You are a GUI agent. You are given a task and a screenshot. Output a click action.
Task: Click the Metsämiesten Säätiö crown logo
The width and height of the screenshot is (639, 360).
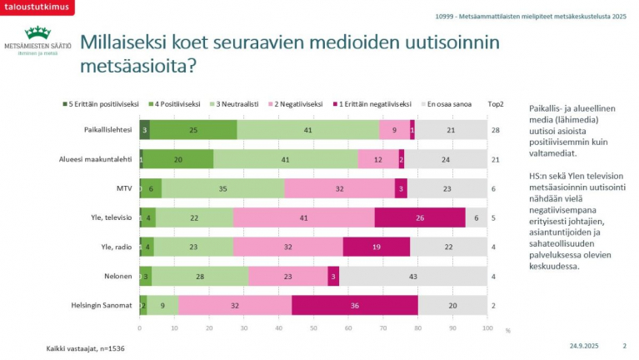(x=36, y=33)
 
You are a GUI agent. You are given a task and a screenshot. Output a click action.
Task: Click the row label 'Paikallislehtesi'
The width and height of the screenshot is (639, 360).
(x=108, y=129)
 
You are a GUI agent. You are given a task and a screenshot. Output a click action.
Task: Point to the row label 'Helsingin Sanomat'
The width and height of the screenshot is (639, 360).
(x=102, y=305)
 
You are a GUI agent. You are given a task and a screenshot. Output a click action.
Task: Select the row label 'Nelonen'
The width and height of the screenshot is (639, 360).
(x=117, y=276)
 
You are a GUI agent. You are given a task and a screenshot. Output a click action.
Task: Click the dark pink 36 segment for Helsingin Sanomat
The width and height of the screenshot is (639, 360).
(x=355, y=305)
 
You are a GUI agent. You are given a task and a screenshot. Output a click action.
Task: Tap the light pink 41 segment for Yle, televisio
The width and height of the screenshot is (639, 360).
(x=304, y=217)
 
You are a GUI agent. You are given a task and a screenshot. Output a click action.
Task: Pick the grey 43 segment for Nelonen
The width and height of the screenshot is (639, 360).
(x=412, y=276)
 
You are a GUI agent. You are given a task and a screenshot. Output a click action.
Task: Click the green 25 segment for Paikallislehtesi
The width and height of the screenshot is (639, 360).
(x=192, y=129)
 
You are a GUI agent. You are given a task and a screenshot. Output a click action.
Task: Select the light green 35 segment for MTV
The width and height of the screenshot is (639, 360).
(x=222, y=188)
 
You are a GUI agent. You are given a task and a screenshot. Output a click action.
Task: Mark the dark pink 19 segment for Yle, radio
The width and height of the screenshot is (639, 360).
(x=376, y=247)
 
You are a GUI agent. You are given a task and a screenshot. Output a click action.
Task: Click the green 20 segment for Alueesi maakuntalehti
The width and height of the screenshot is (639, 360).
(x=178, y=158)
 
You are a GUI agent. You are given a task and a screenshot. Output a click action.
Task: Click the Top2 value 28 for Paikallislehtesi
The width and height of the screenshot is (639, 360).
(x=495, y=130)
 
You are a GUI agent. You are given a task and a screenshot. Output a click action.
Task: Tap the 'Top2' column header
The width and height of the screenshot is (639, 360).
(x=495, y=104)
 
